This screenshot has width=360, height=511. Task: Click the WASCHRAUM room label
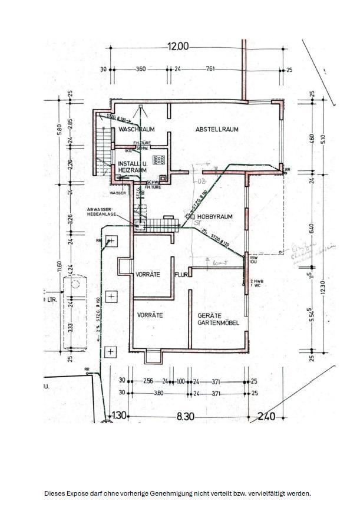point(136,128)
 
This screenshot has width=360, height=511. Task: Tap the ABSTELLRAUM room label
point(217,129)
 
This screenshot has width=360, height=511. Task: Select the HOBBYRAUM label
point(214,217)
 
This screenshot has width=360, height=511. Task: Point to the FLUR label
point(180,275)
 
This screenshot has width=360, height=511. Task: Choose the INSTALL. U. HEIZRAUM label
point(131,166)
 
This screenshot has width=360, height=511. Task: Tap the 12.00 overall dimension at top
point(178,47)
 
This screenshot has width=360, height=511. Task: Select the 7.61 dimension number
point(210,70)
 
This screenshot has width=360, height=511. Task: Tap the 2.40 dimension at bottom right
point(266,417)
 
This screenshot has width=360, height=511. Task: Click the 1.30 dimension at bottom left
point(120,417)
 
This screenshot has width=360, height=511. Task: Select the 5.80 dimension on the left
point(59,127)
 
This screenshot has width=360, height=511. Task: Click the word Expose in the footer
point(79,493)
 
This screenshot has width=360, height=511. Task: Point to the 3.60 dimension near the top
point(141,70)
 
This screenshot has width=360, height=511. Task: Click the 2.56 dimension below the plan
point(147,381)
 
